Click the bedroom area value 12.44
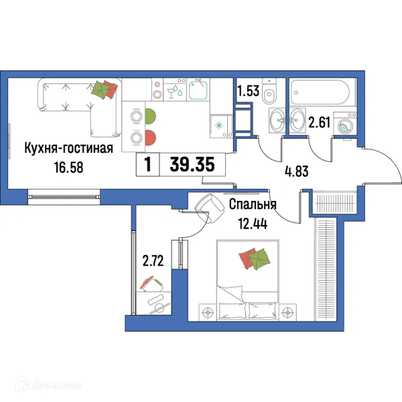click(x=251, y=224)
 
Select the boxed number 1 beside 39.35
click(x=147, y=164)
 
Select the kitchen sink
click(x=198, y=90)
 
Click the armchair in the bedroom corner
click(x=208, y=204)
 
